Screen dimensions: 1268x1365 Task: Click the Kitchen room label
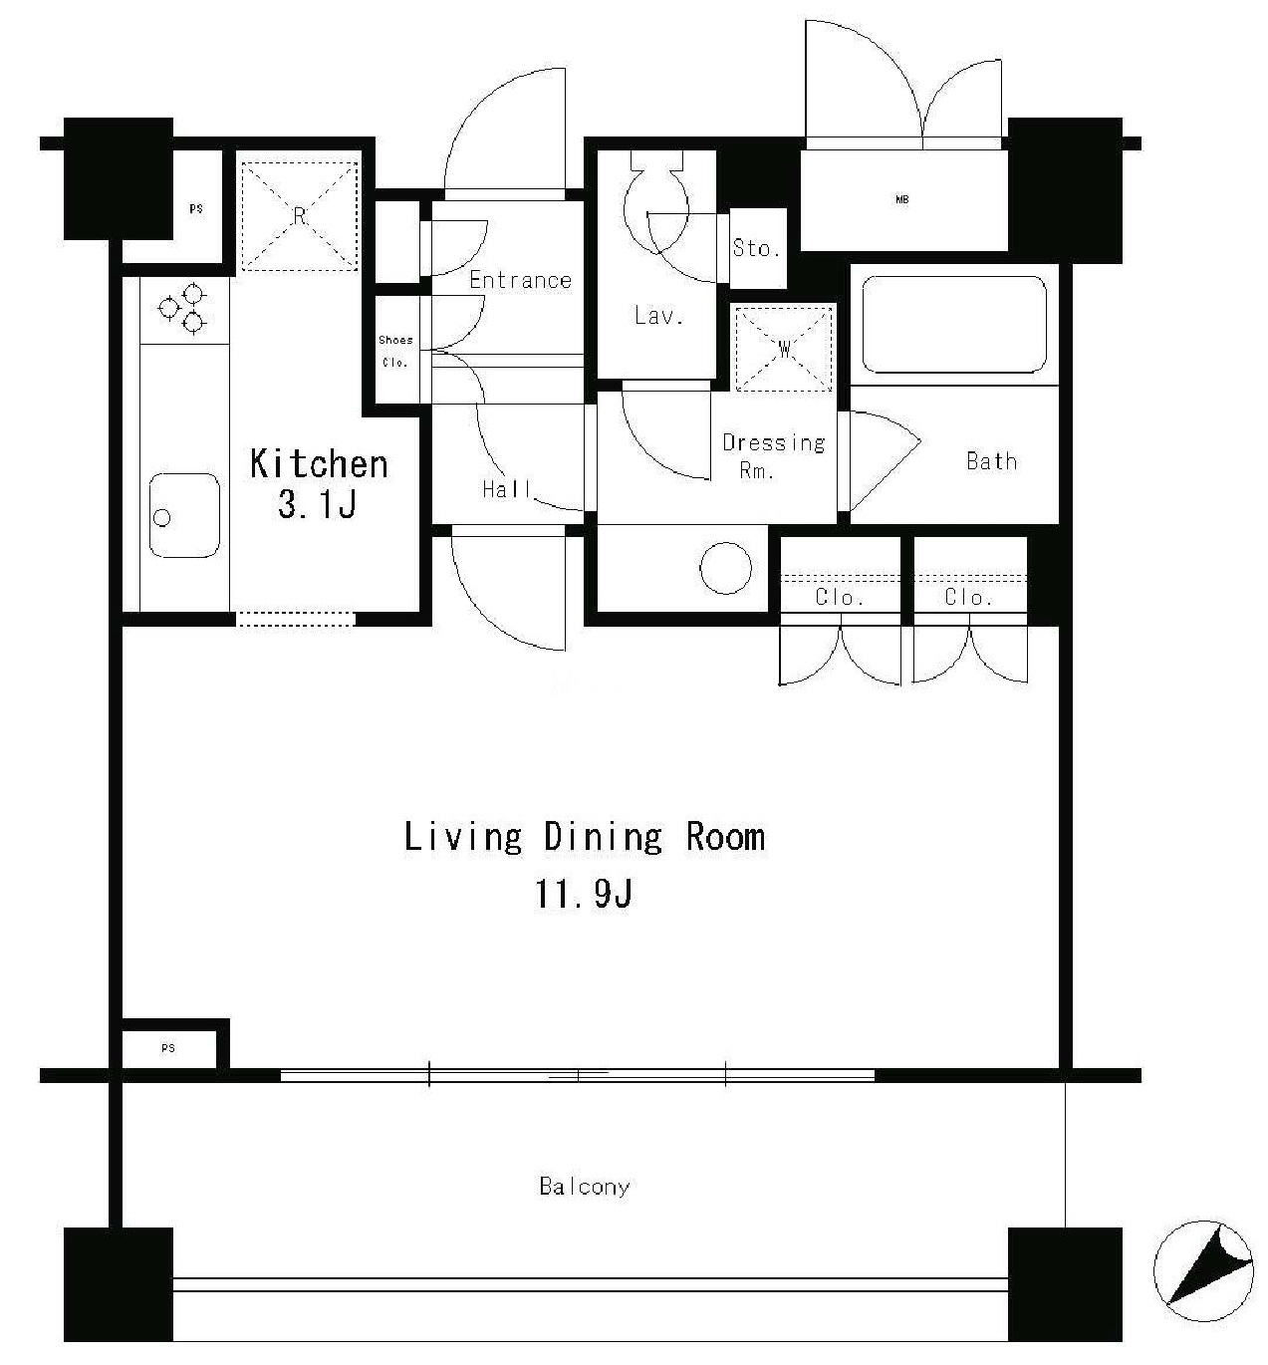(x=319, y=464)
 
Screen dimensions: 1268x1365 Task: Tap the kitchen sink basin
(x=184, y=515)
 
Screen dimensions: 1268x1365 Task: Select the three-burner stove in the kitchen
(x=184, y=309)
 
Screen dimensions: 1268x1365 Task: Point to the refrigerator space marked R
(x=299, y=216)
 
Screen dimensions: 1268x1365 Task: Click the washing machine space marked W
(x=784, y=349)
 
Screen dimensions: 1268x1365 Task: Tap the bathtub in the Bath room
(x=954, y=325)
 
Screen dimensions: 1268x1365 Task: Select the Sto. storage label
(x=757, y=247)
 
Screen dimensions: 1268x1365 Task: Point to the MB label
(x=902, y=200)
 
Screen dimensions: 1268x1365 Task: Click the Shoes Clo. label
(x=395, y=352)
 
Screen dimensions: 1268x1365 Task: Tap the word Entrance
(x=520, y=280)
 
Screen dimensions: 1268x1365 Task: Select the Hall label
(x=507, y=489)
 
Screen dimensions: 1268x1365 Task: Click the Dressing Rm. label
(x=773, y=455)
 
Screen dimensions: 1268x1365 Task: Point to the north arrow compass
(x=1203, y=1271)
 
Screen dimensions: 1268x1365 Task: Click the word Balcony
(x=584, y=1187)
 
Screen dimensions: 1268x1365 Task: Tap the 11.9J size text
(x=584, y=894)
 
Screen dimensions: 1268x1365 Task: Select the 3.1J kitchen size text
(x=317, y=504)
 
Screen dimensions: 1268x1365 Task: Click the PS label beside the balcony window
(x=168, y=1048)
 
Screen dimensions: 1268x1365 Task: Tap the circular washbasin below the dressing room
(x=726, y=568)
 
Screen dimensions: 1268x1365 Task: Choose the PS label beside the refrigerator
(x=196, y=208)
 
